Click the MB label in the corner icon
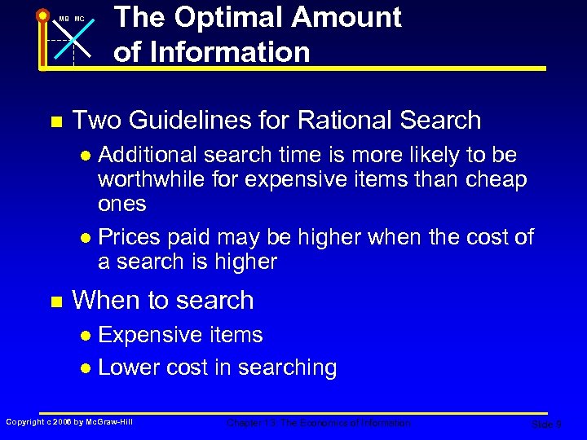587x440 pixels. pos(63,19)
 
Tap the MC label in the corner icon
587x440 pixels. pos(79,19)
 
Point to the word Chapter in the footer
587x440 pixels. pos(243,423)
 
